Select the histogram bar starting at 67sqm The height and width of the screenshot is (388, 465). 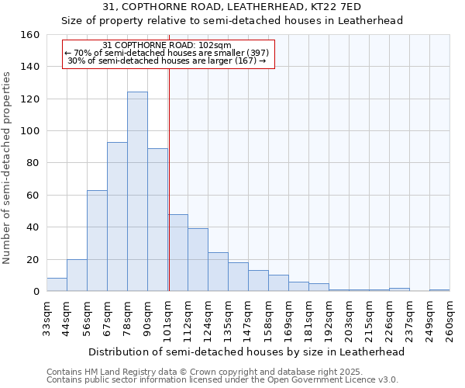point(117,217)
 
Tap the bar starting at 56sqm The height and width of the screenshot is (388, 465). point(97,241)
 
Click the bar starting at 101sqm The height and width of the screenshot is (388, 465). point(177,253)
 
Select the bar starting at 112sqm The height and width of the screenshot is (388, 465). point(198,260)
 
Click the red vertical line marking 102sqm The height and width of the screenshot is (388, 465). point(169,178)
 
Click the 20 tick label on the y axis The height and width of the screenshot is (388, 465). point(33,259)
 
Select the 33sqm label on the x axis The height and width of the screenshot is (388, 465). point(46,318)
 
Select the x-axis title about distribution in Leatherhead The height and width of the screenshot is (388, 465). point(246,352)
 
